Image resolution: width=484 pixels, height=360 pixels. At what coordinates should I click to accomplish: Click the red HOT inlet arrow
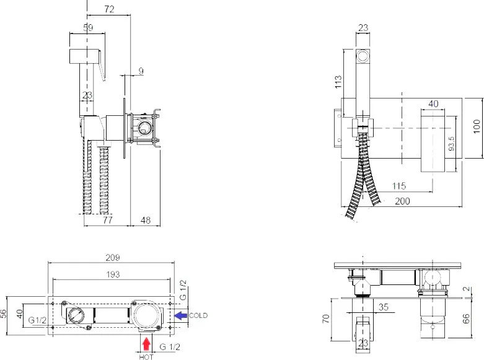146,344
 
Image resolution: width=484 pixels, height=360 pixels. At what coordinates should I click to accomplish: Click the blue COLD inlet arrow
180,315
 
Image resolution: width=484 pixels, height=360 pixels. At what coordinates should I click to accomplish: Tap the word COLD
198,315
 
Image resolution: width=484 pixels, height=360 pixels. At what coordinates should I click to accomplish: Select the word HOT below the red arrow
146,357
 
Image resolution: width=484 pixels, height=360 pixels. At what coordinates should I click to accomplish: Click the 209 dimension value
113,257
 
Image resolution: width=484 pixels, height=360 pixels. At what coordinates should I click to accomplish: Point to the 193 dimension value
113,274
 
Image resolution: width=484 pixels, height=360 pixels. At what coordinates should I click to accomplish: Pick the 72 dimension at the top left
109,9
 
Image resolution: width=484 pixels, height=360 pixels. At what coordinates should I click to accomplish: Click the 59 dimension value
88,28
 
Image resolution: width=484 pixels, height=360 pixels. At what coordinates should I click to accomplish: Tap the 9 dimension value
141,71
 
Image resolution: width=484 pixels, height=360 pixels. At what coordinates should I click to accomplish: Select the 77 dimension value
107,220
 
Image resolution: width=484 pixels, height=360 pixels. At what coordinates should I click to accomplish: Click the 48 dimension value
146,220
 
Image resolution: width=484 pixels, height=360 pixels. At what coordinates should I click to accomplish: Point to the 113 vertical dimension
338,82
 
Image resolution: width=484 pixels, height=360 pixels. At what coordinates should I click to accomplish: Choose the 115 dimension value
399,186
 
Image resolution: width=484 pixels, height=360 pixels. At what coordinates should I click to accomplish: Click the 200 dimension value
403,201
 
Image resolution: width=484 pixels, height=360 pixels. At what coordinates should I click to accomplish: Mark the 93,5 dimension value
452,144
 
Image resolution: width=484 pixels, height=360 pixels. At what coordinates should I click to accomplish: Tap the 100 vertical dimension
477,126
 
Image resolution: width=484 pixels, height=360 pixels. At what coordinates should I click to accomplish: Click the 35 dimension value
383,307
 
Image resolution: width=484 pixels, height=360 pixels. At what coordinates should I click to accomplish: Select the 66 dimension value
467,318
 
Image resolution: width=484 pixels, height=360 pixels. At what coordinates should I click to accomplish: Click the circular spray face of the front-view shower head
363,56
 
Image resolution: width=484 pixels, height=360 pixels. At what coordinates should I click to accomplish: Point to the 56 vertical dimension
3,314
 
